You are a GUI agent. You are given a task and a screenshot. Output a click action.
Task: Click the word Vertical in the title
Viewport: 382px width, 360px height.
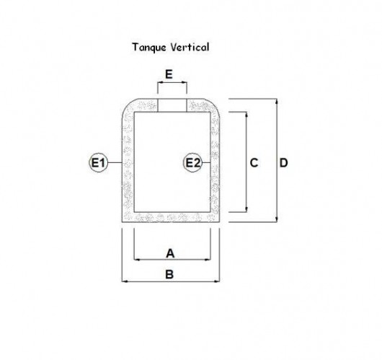pos(190,47)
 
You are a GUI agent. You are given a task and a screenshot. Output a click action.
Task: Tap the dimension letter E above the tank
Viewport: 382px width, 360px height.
pos(169,74)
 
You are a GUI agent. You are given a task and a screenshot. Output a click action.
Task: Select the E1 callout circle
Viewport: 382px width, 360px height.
pos(98,162)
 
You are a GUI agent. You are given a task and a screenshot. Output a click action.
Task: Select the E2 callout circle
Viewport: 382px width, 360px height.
pos(192,162)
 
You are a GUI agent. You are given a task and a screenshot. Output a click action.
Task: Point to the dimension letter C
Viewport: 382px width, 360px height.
pos(254,162)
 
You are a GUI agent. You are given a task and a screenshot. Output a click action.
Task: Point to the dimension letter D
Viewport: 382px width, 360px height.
pos(283,162)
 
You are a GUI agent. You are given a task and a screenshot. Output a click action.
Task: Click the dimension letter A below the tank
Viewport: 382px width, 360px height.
pos(170,253)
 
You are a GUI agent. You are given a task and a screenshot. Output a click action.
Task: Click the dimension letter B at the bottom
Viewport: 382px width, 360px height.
pos(169,274)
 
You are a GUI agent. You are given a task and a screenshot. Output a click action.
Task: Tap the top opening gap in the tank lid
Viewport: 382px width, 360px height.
pos(172,105)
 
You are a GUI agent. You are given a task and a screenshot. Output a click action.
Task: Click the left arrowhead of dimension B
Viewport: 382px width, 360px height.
pos(125,281)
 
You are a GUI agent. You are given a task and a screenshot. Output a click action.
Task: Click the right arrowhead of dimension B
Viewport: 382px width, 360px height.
pos(216,281)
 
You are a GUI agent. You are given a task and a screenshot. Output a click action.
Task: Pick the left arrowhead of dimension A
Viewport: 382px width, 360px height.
pos(137,260)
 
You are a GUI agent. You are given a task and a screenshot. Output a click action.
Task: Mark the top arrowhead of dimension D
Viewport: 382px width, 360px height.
pos(277,102)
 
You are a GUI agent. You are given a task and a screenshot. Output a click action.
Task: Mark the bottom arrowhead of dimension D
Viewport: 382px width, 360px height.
pos(277,219)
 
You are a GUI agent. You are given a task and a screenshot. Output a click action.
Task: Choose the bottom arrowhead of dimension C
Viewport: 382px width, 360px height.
pos(246,209)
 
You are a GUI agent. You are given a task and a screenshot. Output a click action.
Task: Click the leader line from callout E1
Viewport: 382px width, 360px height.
pos(115,162)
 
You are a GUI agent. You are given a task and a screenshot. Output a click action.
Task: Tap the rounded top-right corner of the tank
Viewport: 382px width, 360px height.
pos(214,104)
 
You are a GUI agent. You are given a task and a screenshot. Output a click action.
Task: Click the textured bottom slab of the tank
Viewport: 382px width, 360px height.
pos(171,217)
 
